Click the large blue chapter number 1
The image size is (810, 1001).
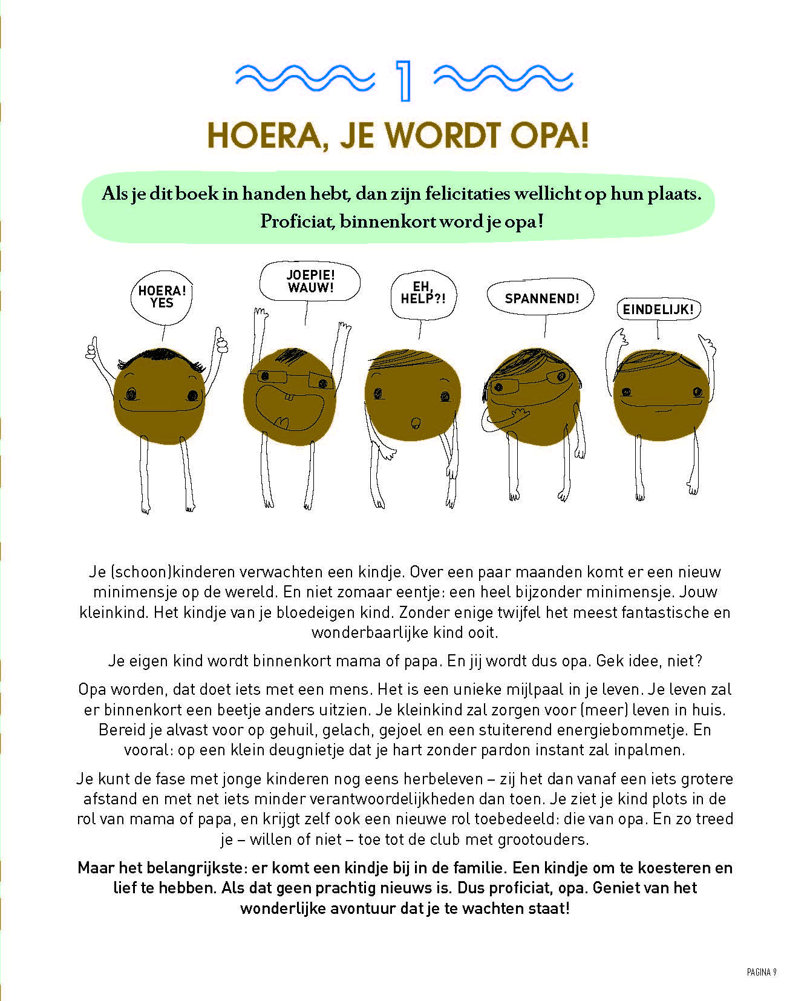click(403, 80)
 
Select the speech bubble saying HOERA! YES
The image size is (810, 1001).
click(162, 297)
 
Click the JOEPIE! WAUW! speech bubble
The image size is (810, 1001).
click(310, 281)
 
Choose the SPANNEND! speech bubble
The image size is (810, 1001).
click(541, 298)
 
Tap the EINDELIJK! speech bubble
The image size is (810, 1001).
click(658, 310)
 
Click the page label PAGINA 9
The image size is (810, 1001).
click(761, 972)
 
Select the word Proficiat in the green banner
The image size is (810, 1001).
click(297, 222)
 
